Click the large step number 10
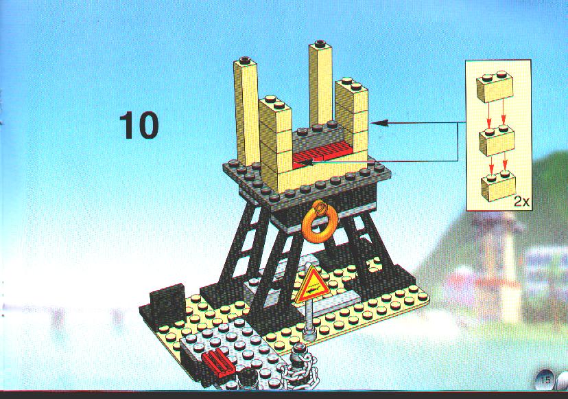pyautogui.click(x=139, y=126)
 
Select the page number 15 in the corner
pyautogui.click(x=545, y=380)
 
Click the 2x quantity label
pyautogui.click(x=521, y=202)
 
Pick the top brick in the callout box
pyautogui.click(x=495, y=87)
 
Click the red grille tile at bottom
pyautogui.click(x=218, y=364)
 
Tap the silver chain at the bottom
pyautogui.click(x=305, y=370)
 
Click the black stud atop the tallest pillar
pyautogui.click(x=320, y=44)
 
